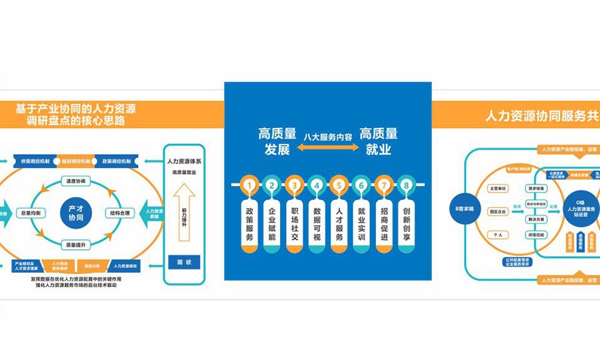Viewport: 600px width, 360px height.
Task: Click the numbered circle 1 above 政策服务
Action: pyautogui.click(x=249, y=185)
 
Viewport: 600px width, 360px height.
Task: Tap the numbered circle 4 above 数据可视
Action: pyautogui.click(x=317, y=185)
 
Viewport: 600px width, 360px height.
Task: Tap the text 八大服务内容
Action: pyautogui.click(x=327, y=136)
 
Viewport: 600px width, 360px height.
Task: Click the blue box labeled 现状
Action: pyautogui.click(x=184, y=262)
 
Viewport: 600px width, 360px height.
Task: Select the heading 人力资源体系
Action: pyautogui.click(x=184, y=161)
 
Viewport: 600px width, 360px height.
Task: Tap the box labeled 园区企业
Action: pyautogui.click(x=498, y=211)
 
